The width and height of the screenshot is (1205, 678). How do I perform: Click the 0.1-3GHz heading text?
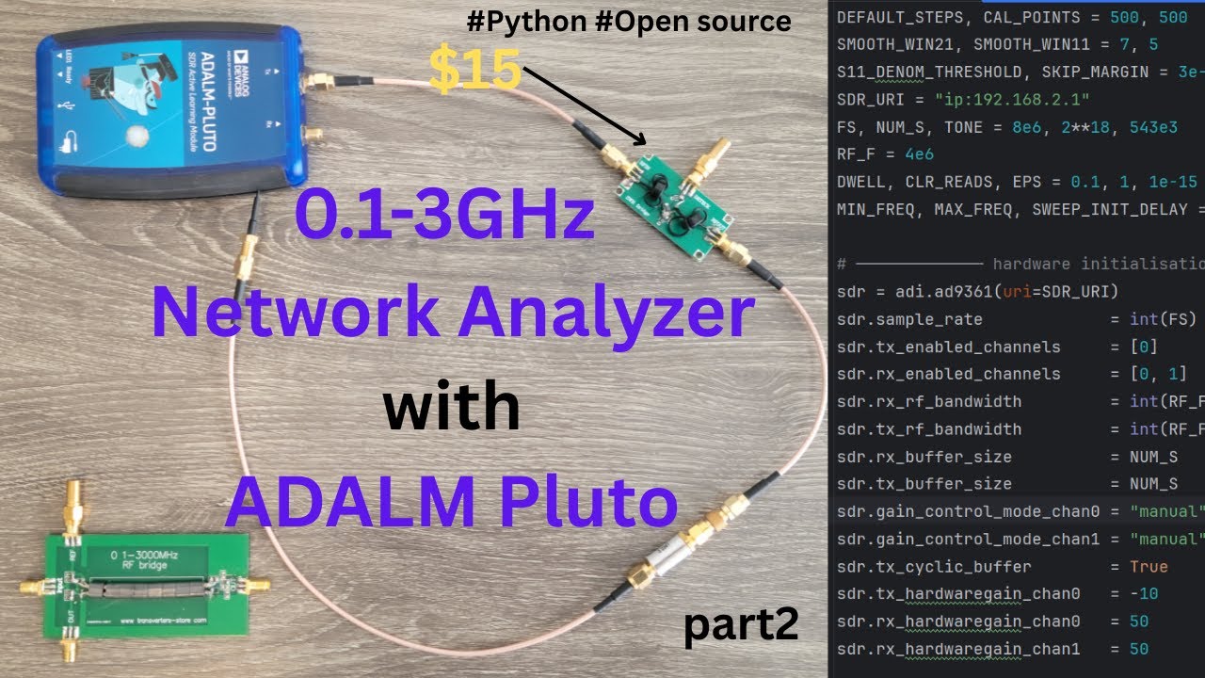pos(444,216)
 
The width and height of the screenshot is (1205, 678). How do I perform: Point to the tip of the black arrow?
pos(646,145)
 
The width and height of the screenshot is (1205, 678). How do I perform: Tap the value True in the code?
pos(1149,567)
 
